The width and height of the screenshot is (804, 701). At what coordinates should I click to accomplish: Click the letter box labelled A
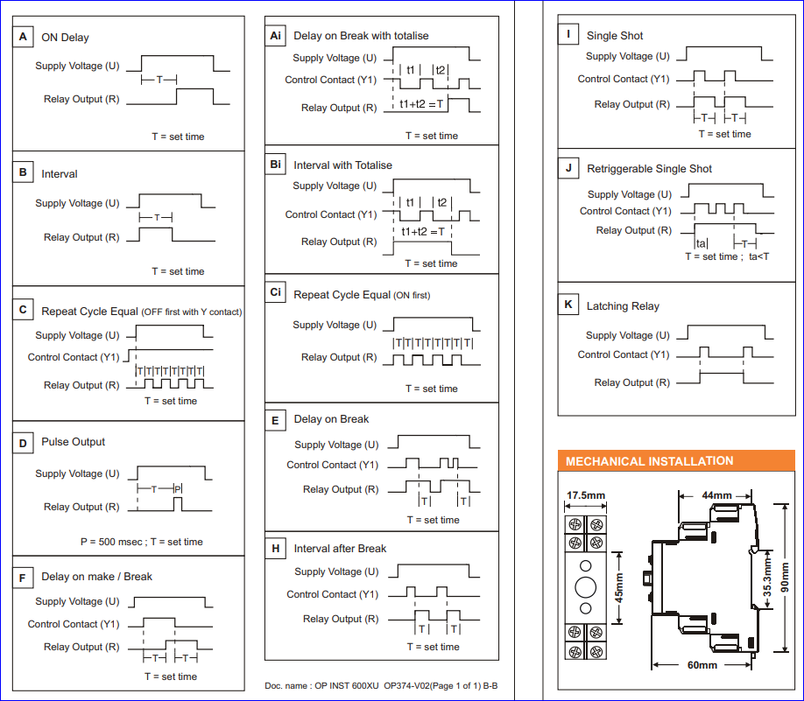point(23,37)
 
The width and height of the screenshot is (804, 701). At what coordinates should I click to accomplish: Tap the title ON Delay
point(65,38)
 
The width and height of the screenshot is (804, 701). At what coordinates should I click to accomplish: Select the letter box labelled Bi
point(276,165)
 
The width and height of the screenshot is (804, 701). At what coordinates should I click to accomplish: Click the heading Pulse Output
point(73,442)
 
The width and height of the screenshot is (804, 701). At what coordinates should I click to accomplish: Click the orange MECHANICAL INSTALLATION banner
point(649,461)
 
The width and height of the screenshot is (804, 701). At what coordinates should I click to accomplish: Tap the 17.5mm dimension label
point(585,495)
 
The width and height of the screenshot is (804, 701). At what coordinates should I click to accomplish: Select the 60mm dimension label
point(702,665)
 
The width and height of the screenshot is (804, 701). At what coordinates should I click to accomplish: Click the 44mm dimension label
point(716,495)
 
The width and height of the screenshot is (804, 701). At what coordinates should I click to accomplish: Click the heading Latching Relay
point(623,306)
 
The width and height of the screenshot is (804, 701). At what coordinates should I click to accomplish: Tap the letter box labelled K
point(568,305)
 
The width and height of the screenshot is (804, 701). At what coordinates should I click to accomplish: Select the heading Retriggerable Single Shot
point(649,169)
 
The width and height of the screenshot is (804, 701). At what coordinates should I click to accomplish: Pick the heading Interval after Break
point(340,549)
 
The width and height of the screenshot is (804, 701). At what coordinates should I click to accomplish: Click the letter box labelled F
point(23,577)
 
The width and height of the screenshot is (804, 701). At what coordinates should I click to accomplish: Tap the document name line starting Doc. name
point(387,685)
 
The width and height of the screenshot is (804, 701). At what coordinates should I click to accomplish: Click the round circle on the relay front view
point(586,585)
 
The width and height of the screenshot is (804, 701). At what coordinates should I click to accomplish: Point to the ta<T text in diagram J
point(758,256)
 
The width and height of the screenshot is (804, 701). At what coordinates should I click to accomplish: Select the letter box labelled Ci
point(276,293)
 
